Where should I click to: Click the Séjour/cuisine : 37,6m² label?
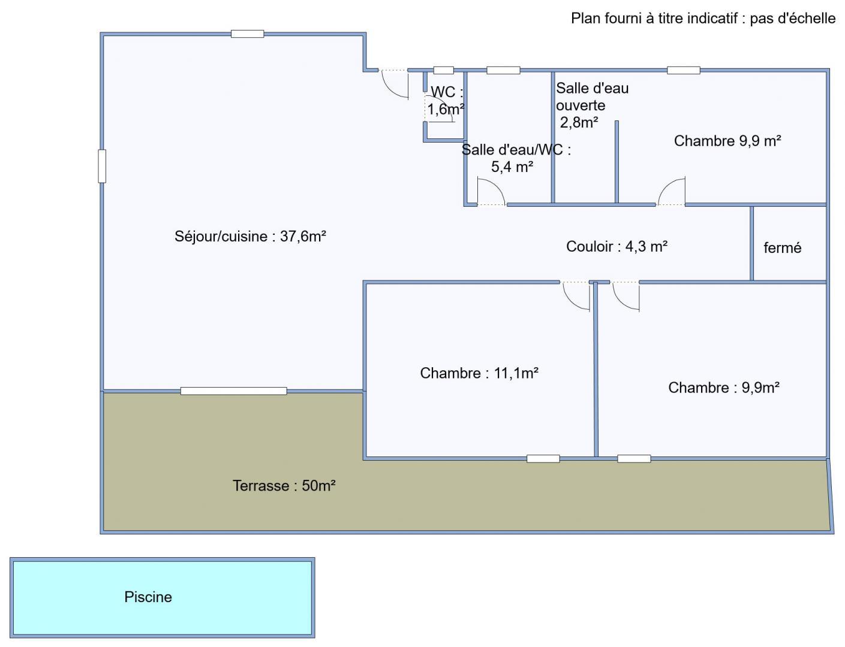point(250,236)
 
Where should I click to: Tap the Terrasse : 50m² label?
point(284,485)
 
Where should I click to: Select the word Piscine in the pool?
point(148,597)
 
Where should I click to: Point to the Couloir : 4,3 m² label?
point(617,246)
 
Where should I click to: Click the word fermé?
point(783,248)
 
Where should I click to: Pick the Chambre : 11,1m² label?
point(479,373)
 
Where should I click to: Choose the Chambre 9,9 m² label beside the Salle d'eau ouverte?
point(727,141)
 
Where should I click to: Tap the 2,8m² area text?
point(579,122)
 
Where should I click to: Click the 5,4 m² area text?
point(512,167)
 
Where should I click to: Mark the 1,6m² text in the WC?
point(446,109)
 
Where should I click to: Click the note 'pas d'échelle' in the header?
point(792,18)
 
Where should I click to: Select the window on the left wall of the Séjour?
point(102,166)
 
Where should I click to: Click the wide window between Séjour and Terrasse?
point(234,391)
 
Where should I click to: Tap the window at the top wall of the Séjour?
point(247,34)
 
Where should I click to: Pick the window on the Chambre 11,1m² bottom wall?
point(543,459)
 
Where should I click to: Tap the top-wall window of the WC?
point(443,70)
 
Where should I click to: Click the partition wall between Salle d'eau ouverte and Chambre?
point(617,162)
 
